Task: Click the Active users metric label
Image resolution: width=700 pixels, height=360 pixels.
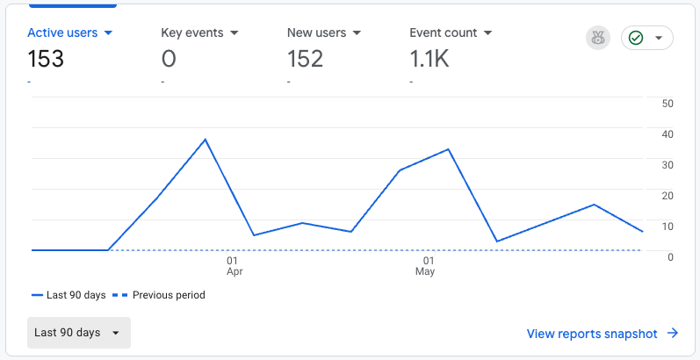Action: pyautogui.click(x=62, y=33)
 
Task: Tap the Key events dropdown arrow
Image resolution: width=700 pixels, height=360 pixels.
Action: pyautogui.click(x=235, y=33)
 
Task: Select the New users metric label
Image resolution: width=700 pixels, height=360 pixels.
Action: pyautogui.click(x=316, y=33)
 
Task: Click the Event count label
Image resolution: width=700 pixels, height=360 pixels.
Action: pyautogui.click(x=444, y=33)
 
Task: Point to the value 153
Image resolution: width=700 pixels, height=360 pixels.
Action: pyautogui.click(x=46, y=59)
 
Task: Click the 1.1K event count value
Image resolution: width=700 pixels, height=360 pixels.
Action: pyautogui.click(x=429, y=59)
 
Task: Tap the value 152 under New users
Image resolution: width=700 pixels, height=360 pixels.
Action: pyautogui.click(x=305, y=59)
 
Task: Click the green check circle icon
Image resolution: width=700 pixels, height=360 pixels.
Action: pyautogui.click(x=636, y=39)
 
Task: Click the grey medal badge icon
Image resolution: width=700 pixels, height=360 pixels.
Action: pyautogui.click(x=598, y=39)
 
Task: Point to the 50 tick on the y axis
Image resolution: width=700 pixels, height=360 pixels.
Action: pyautogui.click(x=668, y=104)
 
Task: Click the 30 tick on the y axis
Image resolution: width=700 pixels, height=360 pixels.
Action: pyautogui.click(x=668, y=165)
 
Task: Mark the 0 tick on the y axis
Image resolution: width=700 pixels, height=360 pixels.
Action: pyautogui.click(x=670, y=257)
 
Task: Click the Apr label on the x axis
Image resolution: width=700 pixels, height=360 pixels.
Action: pyautogui.click(x=235, y=271)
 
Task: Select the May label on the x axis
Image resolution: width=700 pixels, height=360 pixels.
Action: pyautogui.click(x=424, y=271)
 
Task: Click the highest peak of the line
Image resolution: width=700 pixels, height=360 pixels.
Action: pyautogui.click(x=206, y=140)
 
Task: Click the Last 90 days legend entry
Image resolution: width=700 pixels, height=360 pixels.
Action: pyautogui.click(x=69, y=295)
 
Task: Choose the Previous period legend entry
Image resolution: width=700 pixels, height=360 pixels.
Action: pyautogui.click(x=158, y=295)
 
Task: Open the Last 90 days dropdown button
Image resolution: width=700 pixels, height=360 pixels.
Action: pyautogui.click(x=79, y=333)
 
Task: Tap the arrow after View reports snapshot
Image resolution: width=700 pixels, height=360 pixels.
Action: pyautogui.click(x=673, y=334)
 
